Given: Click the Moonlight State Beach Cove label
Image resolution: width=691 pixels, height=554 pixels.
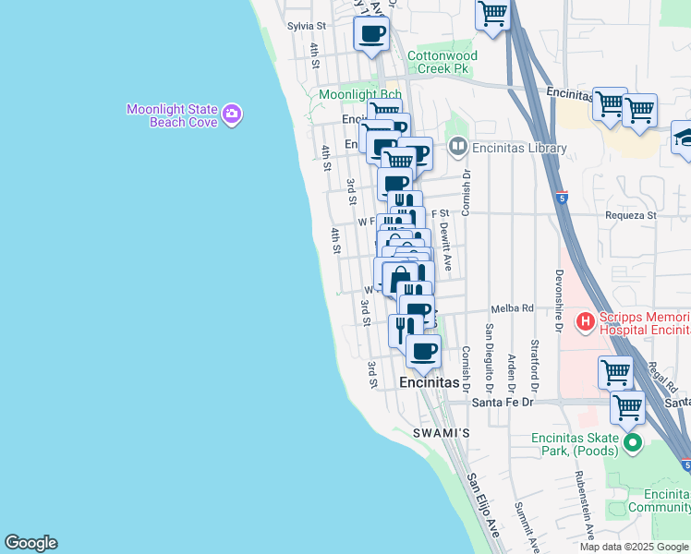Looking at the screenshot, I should click(x=172, y=115).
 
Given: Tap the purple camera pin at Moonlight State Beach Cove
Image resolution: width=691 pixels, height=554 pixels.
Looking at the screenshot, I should click(x=232, y=115).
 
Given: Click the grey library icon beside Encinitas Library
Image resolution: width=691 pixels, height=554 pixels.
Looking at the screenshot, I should click(x=457, y=147).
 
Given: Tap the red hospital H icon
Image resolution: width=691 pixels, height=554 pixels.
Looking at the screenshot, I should click(x=584, y=322).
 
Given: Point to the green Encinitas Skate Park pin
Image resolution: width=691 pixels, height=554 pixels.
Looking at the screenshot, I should click(x=633, y=444).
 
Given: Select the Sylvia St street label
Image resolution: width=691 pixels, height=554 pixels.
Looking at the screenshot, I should click(x=307, y=27).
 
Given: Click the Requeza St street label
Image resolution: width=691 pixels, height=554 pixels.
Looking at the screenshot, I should click(x=630, y=215).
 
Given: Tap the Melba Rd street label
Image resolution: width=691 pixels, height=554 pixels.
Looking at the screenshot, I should click(x=514, y=308).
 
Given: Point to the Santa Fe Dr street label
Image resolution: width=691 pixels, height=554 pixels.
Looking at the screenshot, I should click(x=503, y=402).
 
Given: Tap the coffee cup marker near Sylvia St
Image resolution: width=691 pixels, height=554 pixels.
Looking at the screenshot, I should click(x=371, y=35).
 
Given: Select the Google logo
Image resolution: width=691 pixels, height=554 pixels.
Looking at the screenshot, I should click(x=30, y=543).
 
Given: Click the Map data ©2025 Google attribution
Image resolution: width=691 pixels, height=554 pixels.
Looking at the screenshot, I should click(x=633, y=547).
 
